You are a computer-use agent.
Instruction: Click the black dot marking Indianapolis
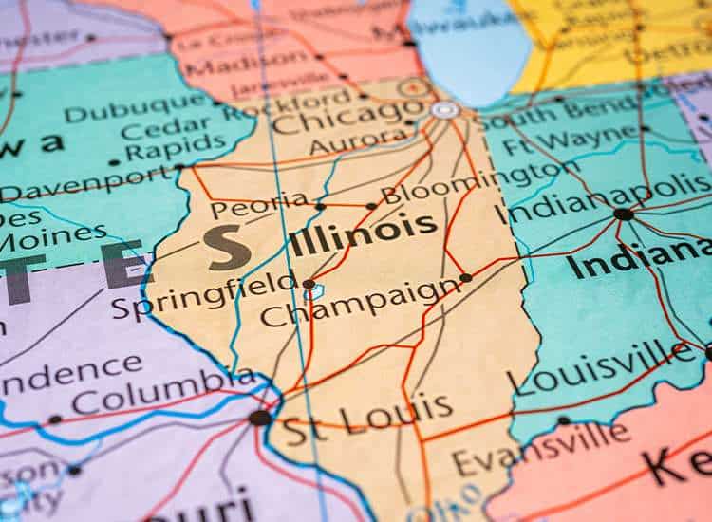coord(624,214)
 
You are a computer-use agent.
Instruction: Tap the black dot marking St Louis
coord(259,418)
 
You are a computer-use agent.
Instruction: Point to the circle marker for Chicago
coord(444,109)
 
